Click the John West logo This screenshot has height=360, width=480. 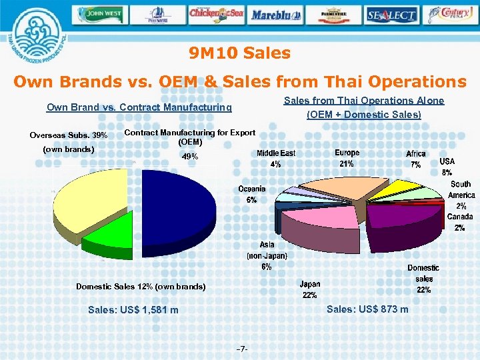point(100,14)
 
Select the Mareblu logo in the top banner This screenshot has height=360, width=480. point(277,14)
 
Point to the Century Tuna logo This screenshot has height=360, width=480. point(452,14)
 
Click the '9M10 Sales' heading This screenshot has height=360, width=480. point(239,53)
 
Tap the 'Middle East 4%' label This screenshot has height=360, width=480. point(276,158)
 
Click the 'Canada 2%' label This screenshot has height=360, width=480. point(459,222)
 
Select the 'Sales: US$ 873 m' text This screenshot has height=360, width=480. point(367,309)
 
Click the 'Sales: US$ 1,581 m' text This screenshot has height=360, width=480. point(133,310)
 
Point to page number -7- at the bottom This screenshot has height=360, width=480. point(243,349)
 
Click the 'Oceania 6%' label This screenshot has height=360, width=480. point(252,194)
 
